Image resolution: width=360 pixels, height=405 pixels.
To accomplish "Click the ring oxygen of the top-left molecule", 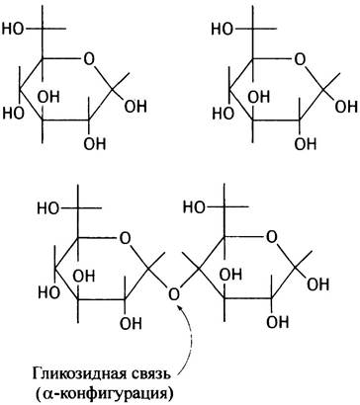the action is pos(89,59).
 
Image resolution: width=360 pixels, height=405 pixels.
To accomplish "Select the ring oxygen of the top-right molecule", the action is pos(300,60).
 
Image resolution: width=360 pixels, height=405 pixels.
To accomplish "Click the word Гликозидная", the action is pos(77,374).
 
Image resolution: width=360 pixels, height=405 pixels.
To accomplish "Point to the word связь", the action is pos(149,374).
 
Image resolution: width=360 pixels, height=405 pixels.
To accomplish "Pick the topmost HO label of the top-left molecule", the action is pos(13,29).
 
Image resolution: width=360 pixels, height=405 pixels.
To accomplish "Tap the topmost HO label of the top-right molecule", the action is pos(223,29).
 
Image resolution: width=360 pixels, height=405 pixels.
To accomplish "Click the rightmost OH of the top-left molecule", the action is pos(136,107).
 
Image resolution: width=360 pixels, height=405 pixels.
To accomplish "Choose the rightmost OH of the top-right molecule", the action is pos(346,107).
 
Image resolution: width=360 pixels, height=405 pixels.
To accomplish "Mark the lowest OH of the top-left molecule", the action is pos(95,144).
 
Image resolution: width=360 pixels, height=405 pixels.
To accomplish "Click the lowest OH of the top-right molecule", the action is pos(306,144).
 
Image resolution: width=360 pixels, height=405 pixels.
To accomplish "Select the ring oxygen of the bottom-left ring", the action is pos(125,239).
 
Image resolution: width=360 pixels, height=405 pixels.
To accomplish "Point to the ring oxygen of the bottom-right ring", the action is pos(271,237).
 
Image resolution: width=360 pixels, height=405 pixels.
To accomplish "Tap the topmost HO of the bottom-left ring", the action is pos(48,208).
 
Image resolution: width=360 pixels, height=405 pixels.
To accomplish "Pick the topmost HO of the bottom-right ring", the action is pos(194,207).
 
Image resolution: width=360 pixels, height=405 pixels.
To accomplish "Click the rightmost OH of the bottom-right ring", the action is pos(318,284).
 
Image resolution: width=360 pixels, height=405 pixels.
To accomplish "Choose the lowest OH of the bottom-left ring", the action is pos(131,324).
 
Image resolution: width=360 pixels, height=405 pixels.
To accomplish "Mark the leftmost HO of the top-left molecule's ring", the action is pos(14,114).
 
